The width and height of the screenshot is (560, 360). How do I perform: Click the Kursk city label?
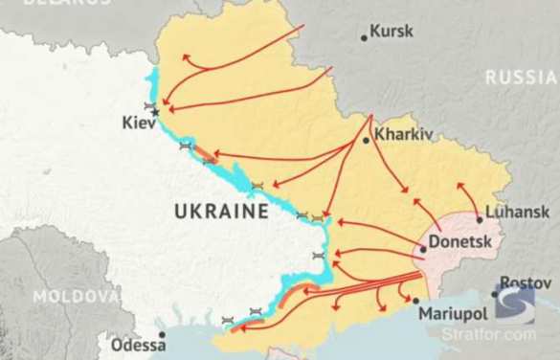(392, 31)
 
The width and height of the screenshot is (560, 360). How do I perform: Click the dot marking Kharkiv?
(366, 141)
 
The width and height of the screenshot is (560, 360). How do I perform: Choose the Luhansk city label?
(518, 212)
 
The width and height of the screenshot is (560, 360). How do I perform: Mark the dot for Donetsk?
(423, 249)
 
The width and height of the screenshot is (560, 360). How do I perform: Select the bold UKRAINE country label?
(220, 210)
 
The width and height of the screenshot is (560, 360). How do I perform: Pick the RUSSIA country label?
(521, 77)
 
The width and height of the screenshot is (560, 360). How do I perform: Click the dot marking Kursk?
(364, 38)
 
